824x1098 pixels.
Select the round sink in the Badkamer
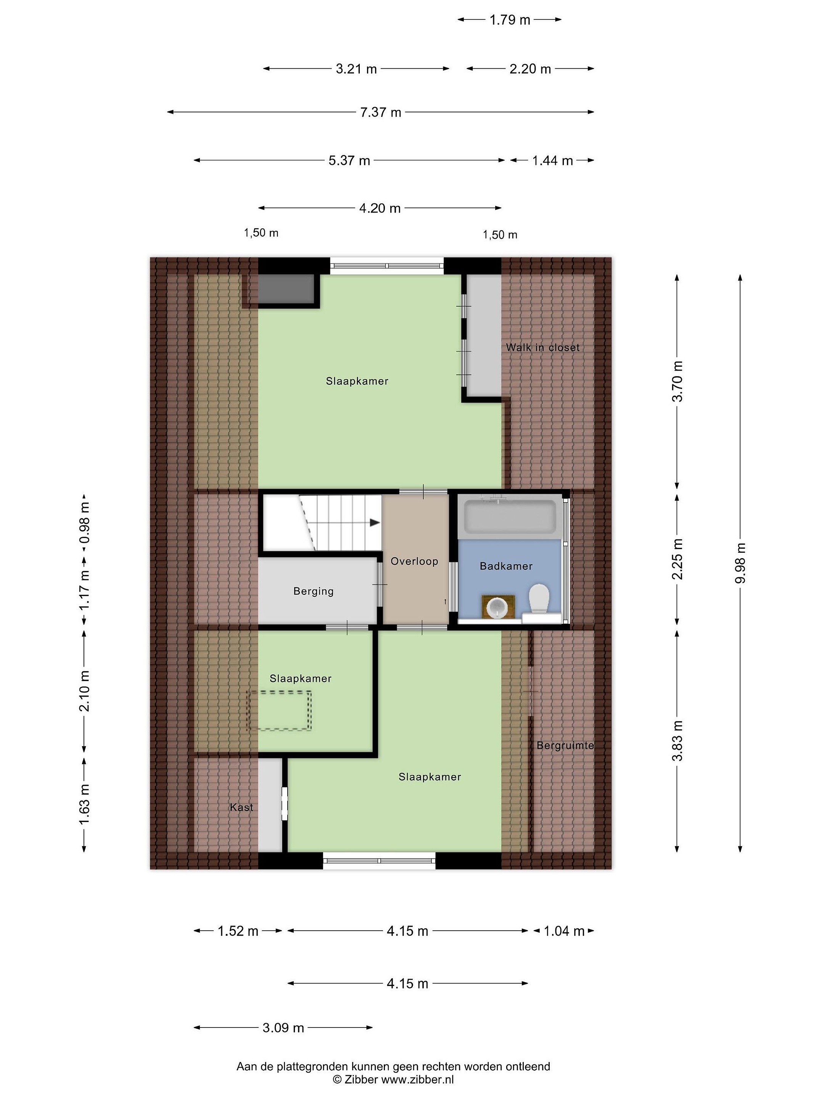498,607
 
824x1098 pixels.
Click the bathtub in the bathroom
510,516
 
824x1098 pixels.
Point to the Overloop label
414,562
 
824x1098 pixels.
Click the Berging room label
314,591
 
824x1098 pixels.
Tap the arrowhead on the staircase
375,523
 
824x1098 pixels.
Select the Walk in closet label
543,347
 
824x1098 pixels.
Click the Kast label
241,807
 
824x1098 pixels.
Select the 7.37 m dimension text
380,112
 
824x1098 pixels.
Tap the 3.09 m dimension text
283,1027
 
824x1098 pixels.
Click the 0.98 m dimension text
84,523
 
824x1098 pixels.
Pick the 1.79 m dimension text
510,20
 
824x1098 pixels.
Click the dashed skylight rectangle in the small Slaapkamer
280,710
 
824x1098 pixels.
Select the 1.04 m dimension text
564,931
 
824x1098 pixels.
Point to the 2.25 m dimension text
677,559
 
